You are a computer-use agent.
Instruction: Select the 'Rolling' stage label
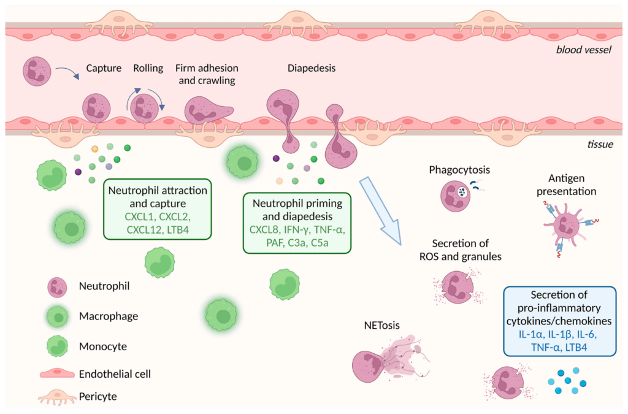pyautogui.click(x=148, y=68)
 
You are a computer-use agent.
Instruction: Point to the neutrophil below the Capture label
pyautogui.click(x=96, y=107)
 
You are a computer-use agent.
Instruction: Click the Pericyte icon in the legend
pyautogui.click(x=56, y=398)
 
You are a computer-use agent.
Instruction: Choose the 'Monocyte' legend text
pyautogui.click(x=103, y=346)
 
